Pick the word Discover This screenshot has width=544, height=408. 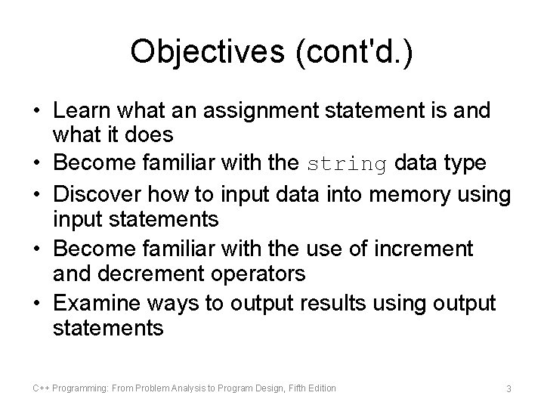point(106,193)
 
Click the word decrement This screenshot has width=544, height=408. point(147,273)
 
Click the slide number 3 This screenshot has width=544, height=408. point(509,388)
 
